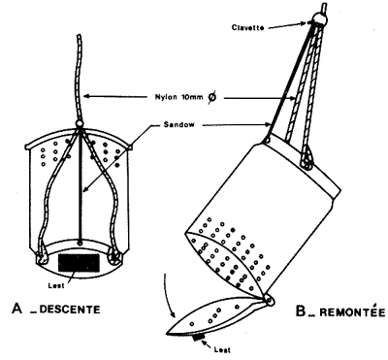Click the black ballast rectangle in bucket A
coord(78,260)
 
